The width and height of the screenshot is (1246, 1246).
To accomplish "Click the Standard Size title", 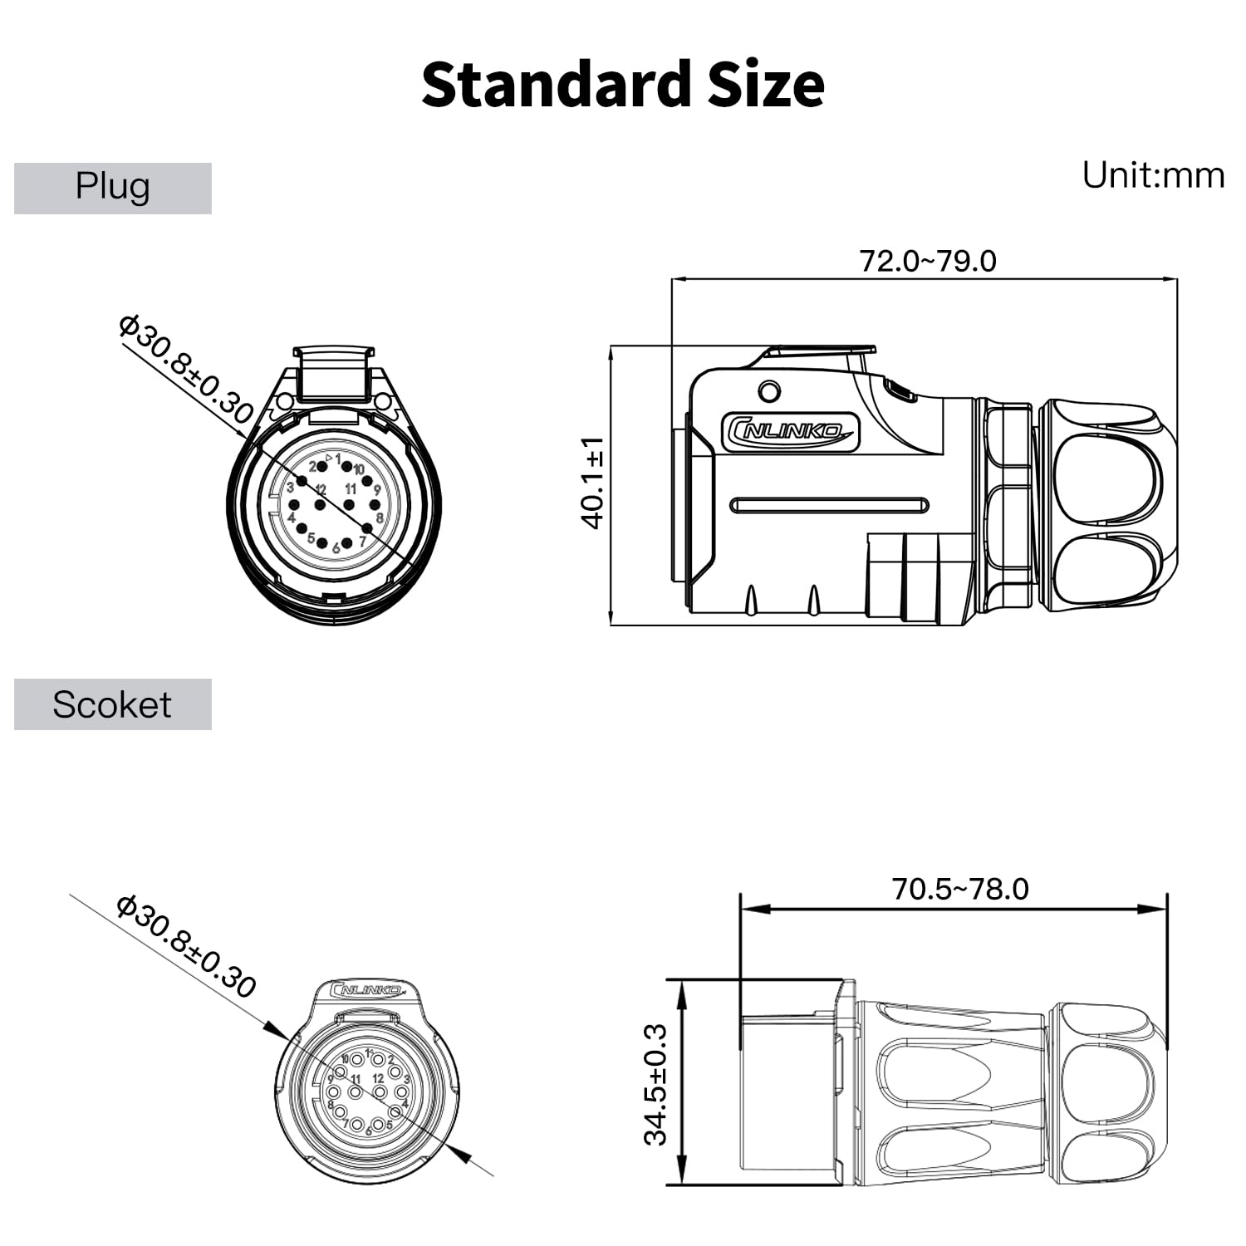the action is (x=623, y=85).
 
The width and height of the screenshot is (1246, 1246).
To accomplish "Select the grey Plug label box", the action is (x=113, y=189).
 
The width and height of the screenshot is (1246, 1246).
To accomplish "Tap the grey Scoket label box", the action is (x=113, y=704).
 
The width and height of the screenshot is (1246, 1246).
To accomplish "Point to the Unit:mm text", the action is (x=1153, y=175).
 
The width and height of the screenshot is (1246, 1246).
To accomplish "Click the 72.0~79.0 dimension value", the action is (x=928, y=261).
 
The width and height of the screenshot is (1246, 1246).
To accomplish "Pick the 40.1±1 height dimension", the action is (x=592, y=483).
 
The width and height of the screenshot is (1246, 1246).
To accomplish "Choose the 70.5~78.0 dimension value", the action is (x=960, y=890).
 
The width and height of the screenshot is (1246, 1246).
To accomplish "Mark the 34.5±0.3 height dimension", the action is (x=655, y=1085).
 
